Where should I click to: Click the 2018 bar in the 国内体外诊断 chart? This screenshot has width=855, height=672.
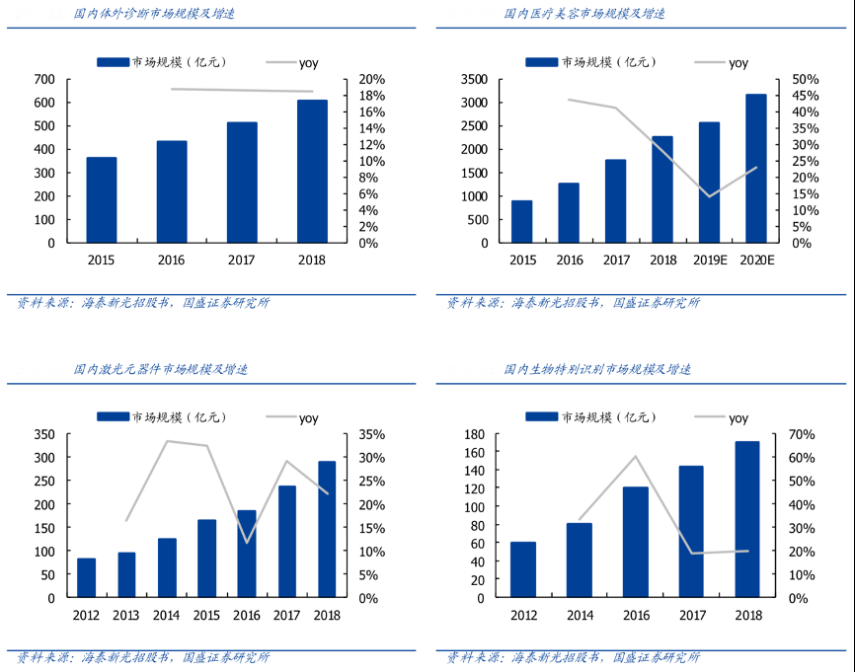click(x=312, y=172)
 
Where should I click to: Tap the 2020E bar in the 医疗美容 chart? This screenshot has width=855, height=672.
click(x=756, y=169)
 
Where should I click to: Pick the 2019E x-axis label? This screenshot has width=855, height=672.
click(x=709, y=260)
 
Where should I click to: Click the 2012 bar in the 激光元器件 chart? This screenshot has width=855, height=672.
click(x=86, y=578)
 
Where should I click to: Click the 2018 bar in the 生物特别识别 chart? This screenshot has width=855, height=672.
click(x=747, y=519)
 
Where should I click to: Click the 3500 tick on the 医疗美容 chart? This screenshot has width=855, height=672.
click(x=473, y=79)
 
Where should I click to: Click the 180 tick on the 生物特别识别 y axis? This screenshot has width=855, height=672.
click(x=473, y=434)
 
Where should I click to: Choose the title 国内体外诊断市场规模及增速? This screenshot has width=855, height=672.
click(x=147, y=14)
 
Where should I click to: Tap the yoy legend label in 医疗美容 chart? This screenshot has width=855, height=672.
click(x=738, y=62)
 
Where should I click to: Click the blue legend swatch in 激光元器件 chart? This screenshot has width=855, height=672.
click(x=113, y=417)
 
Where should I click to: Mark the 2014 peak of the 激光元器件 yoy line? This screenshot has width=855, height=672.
click(x=166, y=441)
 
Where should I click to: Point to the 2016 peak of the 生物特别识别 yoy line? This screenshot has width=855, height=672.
click(x=635, y=456)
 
